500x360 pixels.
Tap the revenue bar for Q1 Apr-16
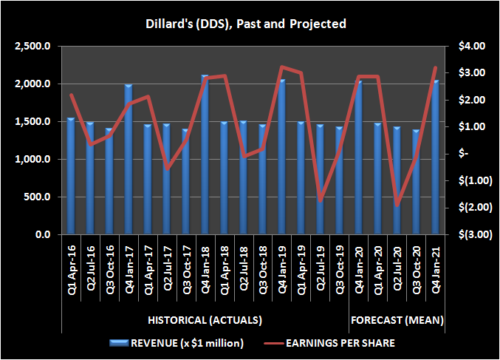coord(71,176)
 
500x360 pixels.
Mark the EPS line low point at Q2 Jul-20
coord(397,205)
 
